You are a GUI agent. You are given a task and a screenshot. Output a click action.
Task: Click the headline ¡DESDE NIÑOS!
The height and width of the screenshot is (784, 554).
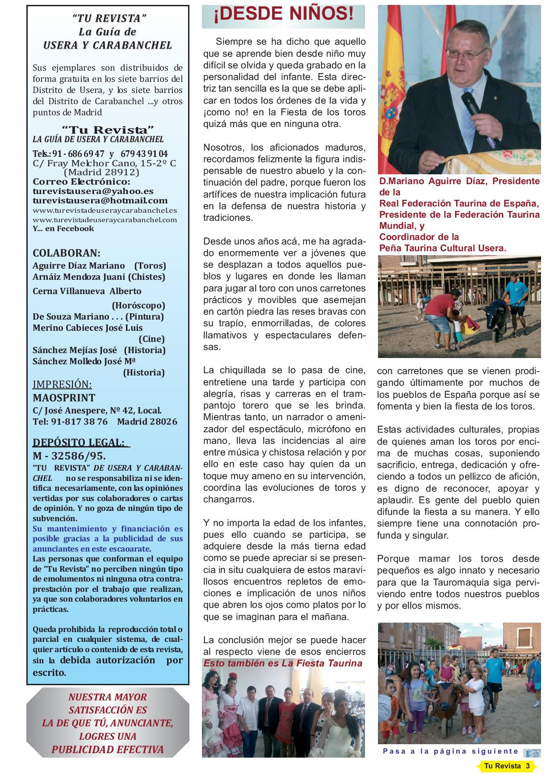click(283, 15)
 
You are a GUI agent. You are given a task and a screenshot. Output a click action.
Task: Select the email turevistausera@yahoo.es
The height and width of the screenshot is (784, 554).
click(93, 191)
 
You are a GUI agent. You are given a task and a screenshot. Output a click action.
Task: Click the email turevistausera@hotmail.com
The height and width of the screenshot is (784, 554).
click(100, 200)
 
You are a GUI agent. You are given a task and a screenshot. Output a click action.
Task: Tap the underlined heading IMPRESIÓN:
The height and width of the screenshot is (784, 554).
click(62, 384)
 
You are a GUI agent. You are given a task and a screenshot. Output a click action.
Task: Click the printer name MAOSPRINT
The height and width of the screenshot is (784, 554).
click(64, 397)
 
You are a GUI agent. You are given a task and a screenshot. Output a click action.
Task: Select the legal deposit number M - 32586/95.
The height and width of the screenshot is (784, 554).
click(69, 456)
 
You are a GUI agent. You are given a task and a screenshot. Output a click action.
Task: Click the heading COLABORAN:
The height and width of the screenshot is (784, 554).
click(67, 253)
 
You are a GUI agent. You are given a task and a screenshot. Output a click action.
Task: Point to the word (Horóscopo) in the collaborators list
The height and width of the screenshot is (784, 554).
click(138, 305)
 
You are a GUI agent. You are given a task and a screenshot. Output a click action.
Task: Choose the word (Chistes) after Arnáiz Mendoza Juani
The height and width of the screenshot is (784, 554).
click(146, 277)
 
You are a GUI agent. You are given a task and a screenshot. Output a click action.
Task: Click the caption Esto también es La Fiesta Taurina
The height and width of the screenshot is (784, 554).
click(283, 663)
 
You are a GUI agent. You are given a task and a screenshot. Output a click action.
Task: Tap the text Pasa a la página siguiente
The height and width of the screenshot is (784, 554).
click(450, 751)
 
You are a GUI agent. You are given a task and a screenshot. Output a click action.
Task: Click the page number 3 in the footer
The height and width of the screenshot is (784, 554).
click(528, 766)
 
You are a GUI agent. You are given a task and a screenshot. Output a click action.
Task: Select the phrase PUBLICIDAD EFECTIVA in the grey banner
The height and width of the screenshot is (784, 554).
click(108, 750)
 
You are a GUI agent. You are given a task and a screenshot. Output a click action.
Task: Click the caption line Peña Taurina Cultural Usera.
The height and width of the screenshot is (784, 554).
click(442, 248)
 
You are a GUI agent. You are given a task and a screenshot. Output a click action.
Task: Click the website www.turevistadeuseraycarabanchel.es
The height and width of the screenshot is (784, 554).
click(105, 210)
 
